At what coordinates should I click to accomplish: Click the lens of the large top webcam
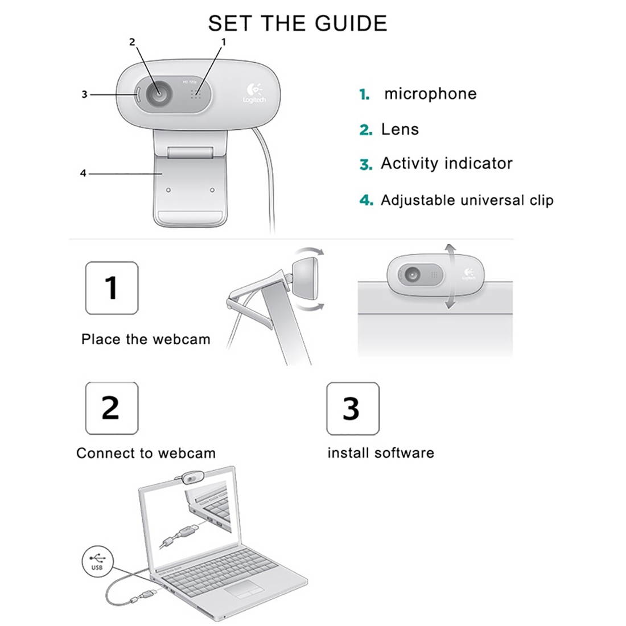coord(158,94)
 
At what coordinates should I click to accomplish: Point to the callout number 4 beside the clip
coord(83,173)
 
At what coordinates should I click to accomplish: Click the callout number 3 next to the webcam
coord(84,94)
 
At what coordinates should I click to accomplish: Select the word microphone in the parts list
coord(430,94)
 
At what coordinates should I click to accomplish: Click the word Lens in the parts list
coord(400,129)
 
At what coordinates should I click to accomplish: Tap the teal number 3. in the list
coord(365,165)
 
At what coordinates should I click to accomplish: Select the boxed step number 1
coord(112,288)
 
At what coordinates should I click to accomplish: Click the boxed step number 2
coord(112,408)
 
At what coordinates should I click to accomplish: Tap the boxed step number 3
coord(352,409)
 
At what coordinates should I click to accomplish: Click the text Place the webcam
coord(146,340)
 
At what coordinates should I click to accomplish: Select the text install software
coord(380,453)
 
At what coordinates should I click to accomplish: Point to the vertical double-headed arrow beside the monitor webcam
coord(450,277)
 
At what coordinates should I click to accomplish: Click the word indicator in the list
coord(479,164)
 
